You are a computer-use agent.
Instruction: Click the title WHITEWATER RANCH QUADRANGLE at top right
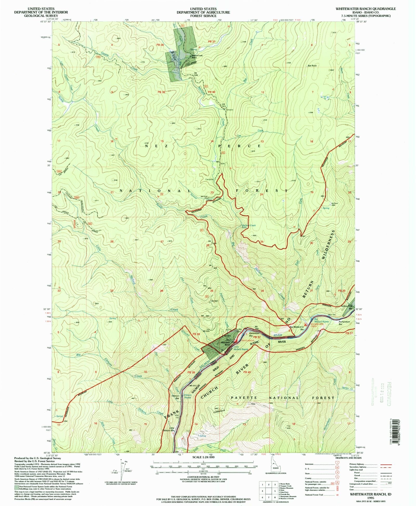pos(366,9)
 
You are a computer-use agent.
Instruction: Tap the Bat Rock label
pos(312,66)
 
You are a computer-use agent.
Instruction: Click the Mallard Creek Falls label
pos(249,226)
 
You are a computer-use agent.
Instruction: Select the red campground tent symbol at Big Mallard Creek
pos(306,325)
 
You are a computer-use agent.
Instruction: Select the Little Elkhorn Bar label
pos(172,429)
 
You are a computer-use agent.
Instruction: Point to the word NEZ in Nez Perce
pos(150,146)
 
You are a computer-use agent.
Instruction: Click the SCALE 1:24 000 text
pos(203,457)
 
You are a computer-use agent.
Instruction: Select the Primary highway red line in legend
pos(386,464)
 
